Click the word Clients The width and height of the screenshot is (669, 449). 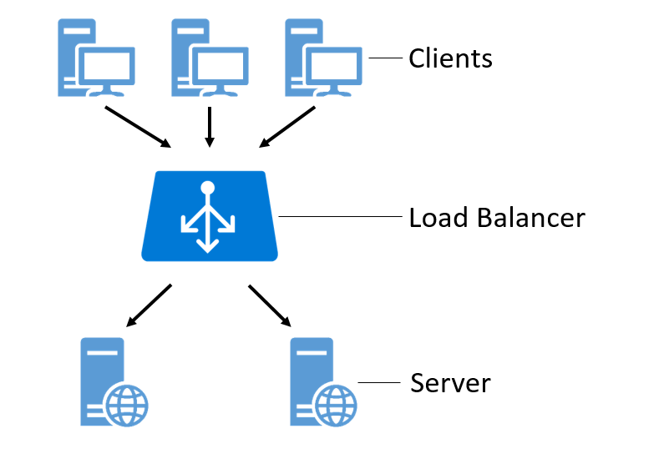(x=450, y=58)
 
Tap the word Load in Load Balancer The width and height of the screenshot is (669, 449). (x=438, y=218)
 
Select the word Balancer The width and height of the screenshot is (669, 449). (x=531, y=218)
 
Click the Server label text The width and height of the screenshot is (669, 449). (x=450, y=383)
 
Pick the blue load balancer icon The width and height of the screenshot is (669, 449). (x=210, y=216)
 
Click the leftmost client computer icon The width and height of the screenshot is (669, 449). (x=96, y=58)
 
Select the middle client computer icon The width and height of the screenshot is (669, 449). (x=210, y=58)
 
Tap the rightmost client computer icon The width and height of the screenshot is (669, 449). (x=323, y=58)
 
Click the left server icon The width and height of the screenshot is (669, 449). (x=114, y=382)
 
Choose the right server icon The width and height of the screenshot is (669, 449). (x=323, y=382)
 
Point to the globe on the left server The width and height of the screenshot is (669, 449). (x=127, y=406)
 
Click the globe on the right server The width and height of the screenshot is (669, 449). (x=336, y=406)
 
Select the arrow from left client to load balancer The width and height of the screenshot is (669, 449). (x=138, y=127)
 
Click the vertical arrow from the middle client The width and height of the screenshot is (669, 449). (x=210, y=127)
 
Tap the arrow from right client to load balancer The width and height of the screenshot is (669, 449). (x=287, y=127)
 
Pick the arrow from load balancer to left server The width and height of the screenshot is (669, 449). (x=149, y=305)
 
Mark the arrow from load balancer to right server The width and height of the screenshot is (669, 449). (x=270, y=305)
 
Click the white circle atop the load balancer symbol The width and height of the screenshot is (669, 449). (x=208, y=188)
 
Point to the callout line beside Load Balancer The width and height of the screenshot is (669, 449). (x=341, y=217)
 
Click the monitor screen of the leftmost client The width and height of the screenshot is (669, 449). (x=107, y=66)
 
